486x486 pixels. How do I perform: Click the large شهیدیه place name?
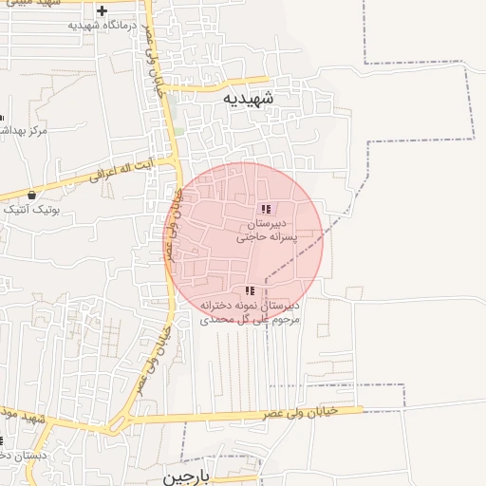(248, 98)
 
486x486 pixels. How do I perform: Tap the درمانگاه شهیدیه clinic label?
(104, 24)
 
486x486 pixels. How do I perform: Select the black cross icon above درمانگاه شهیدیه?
(102, 10)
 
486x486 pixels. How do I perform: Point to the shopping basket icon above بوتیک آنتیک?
(31, 195)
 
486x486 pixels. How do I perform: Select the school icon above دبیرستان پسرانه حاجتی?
(266, 209)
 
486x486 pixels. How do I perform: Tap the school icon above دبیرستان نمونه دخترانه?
(250, 291)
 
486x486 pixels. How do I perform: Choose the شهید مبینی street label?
(28, 4)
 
